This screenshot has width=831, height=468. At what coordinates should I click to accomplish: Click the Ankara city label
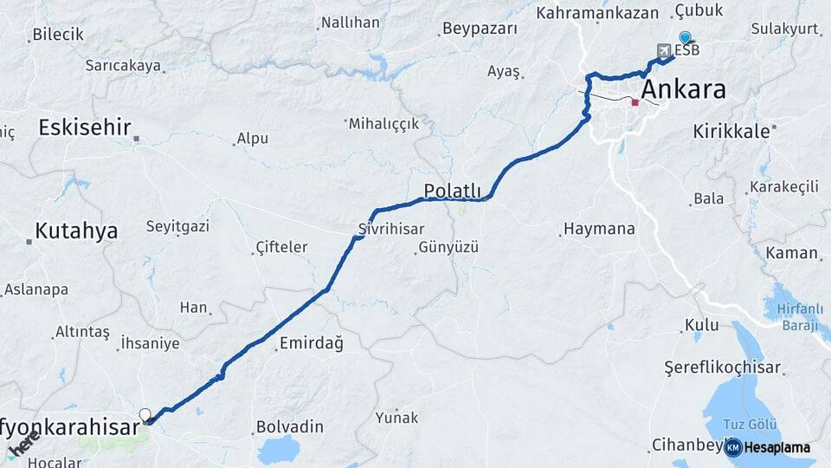[x=684, y=89]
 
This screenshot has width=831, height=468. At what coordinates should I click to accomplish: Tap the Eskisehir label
[x=84, y=128]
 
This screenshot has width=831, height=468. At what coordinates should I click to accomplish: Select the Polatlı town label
[x=452, y=190]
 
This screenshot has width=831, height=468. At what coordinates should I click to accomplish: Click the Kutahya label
[x=76, y=231]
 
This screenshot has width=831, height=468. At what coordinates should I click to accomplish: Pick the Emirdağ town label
[x=311, y=344]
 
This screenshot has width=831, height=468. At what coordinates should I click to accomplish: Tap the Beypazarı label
[x=480, y=29]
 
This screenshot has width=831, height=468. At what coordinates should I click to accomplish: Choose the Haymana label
[x=599, y=230]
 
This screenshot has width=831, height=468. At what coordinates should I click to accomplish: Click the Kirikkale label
[x=731, y=132]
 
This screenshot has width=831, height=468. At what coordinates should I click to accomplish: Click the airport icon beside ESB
[x=664, y=50]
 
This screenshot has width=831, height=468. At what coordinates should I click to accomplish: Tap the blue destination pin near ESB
[x=686, y=37]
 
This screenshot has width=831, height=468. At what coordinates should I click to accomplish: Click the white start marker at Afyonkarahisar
[x=145, y=415]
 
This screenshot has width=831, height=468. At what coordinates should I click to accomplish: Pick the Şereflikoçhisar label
[x=722, y=367]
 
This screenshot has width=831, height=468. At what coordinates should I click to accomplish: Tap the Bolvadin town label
[x=290, y=427]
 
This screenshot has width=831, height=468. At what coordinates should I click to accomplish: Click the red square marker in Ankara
[x=635, y=102]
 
